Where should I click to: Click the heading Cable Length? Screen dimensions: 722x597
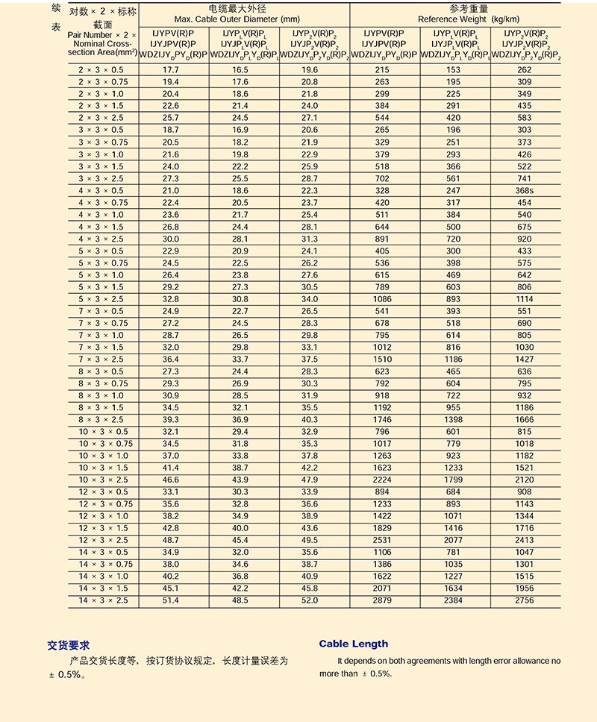(354, 644)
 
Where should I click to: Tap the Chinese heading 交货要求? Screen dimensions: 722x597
(69, 645)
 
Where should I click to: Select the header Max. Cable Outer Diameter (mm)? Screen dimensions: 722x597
(243, 19)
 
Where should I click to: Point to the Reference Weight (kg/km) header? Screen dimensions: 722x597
(454, 19)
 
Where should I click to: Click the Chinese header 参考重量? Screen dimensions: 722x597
(454, 8)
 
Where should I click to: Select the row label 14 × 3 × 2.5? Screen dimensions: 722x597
(103, 600)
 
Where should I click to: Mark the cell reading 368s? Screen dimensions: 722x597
(525, 191)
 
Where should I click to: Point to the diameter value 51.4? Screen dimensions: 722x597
(171, 600)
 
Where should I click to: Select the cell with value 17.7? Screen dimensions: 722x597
(171, 70)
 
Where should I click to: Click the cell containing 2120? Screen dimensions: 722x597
(525, 480)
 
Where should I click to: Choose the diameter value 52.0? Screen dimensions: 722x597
(310, 600)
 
